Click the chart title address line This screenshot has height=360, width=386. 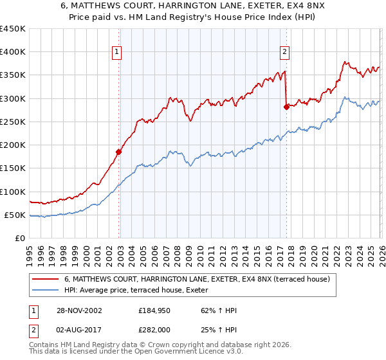193,6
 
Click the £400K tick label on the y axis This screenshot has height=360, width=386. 13,52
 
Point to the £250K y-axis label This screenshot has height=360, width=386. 13,122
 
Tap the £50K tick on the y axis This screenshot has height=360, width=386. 15,215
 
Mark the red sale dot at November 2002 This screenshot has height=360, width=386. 119,152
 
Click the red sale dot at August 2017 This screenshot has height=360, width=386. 286,107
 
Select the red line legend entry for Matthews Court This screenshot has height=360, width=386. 196,279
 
